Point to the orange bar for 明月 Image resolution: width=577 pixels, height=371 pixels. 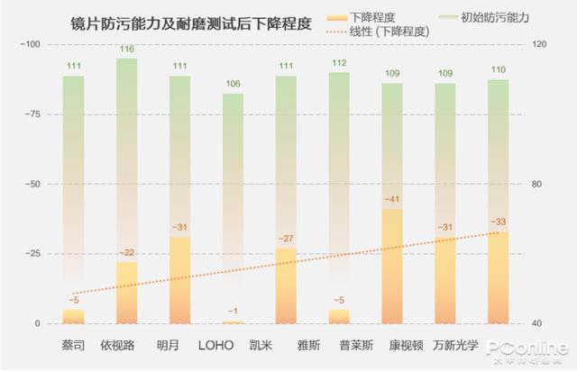180,279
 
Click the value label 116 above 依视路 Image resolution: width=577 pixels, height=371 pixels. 127,49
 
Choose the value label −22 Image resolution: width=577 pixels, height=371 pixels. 127,252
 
